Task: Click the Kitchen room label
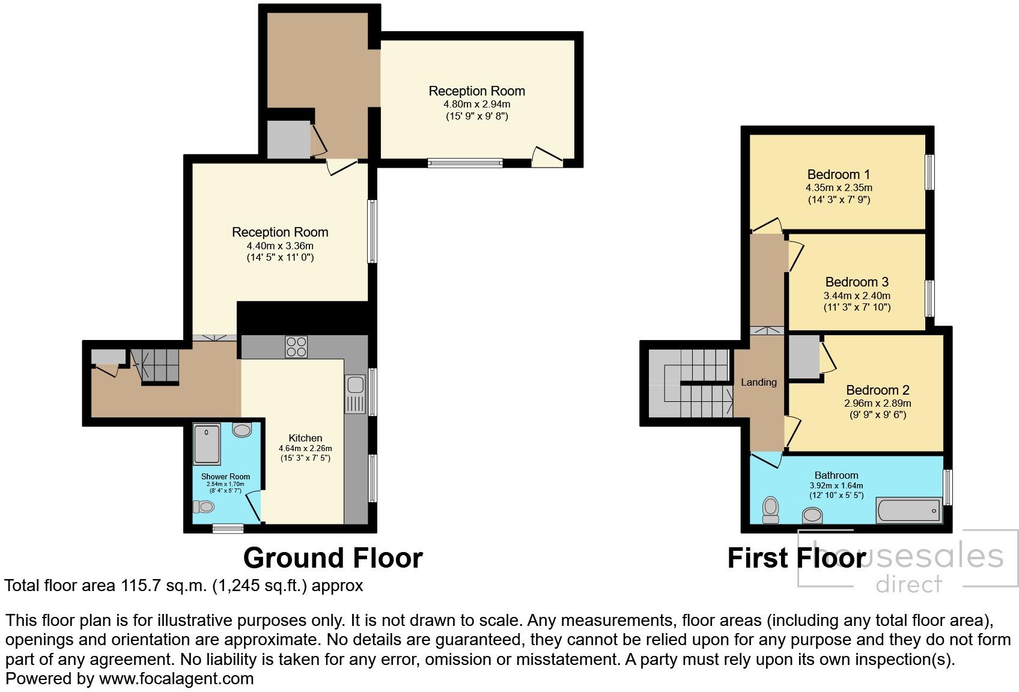tap(305, 438)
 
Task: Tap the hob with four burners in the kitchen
tap(296, 347)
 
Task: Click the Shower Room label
tap(225, 476)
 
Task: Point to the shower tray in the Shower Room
tap(207, 444)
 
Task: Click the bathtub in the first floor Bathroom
tap(908, 511)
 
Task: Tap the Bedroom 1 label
tap(838, 174)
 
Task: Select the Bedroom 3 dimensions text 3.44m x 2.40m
tap(856, 296)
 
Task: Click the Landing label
tap(758, 382)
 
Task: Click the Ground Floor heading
tap(333, 557)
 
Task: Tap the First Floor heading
tap(796, 557)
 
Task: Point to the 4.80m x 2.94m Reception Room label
tap(476, 91)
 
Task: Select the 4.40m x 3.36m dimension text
tap(280, 246)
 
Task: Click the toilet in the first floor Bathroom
tap(770, 509)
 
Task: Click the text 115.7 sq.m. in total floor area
tap(163, 585)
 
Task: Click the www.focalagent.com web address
tap(176, 679)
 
